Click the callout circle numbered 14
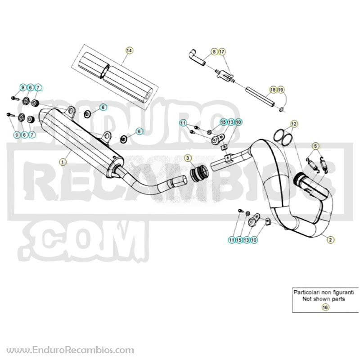(x=130, y=50)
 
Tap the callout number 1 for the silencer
(x=63, y=162)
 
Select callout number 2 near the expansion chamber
(x=330, y=240)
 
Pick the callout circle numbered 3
(x=188, y=158)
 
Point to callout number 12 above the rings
(x=294, y=124)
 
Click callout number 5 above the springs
(x=315, y=146)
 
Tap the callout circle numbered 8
(x=214, y=52)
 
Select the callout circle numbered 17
(x=221, y=52)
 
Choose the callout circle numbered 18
(x=273, y=90)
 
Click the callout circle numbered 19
(x=280, y=90)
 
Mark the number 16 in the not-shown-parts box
(x=325, y=307)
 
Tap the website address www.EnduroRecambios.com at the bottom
(x=70, y=351)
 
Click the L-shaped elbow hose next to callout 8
(x=197, y=57)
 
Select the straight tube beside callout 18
(x=260, y=96)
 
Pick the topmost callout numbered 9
(x=23, y=87)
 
